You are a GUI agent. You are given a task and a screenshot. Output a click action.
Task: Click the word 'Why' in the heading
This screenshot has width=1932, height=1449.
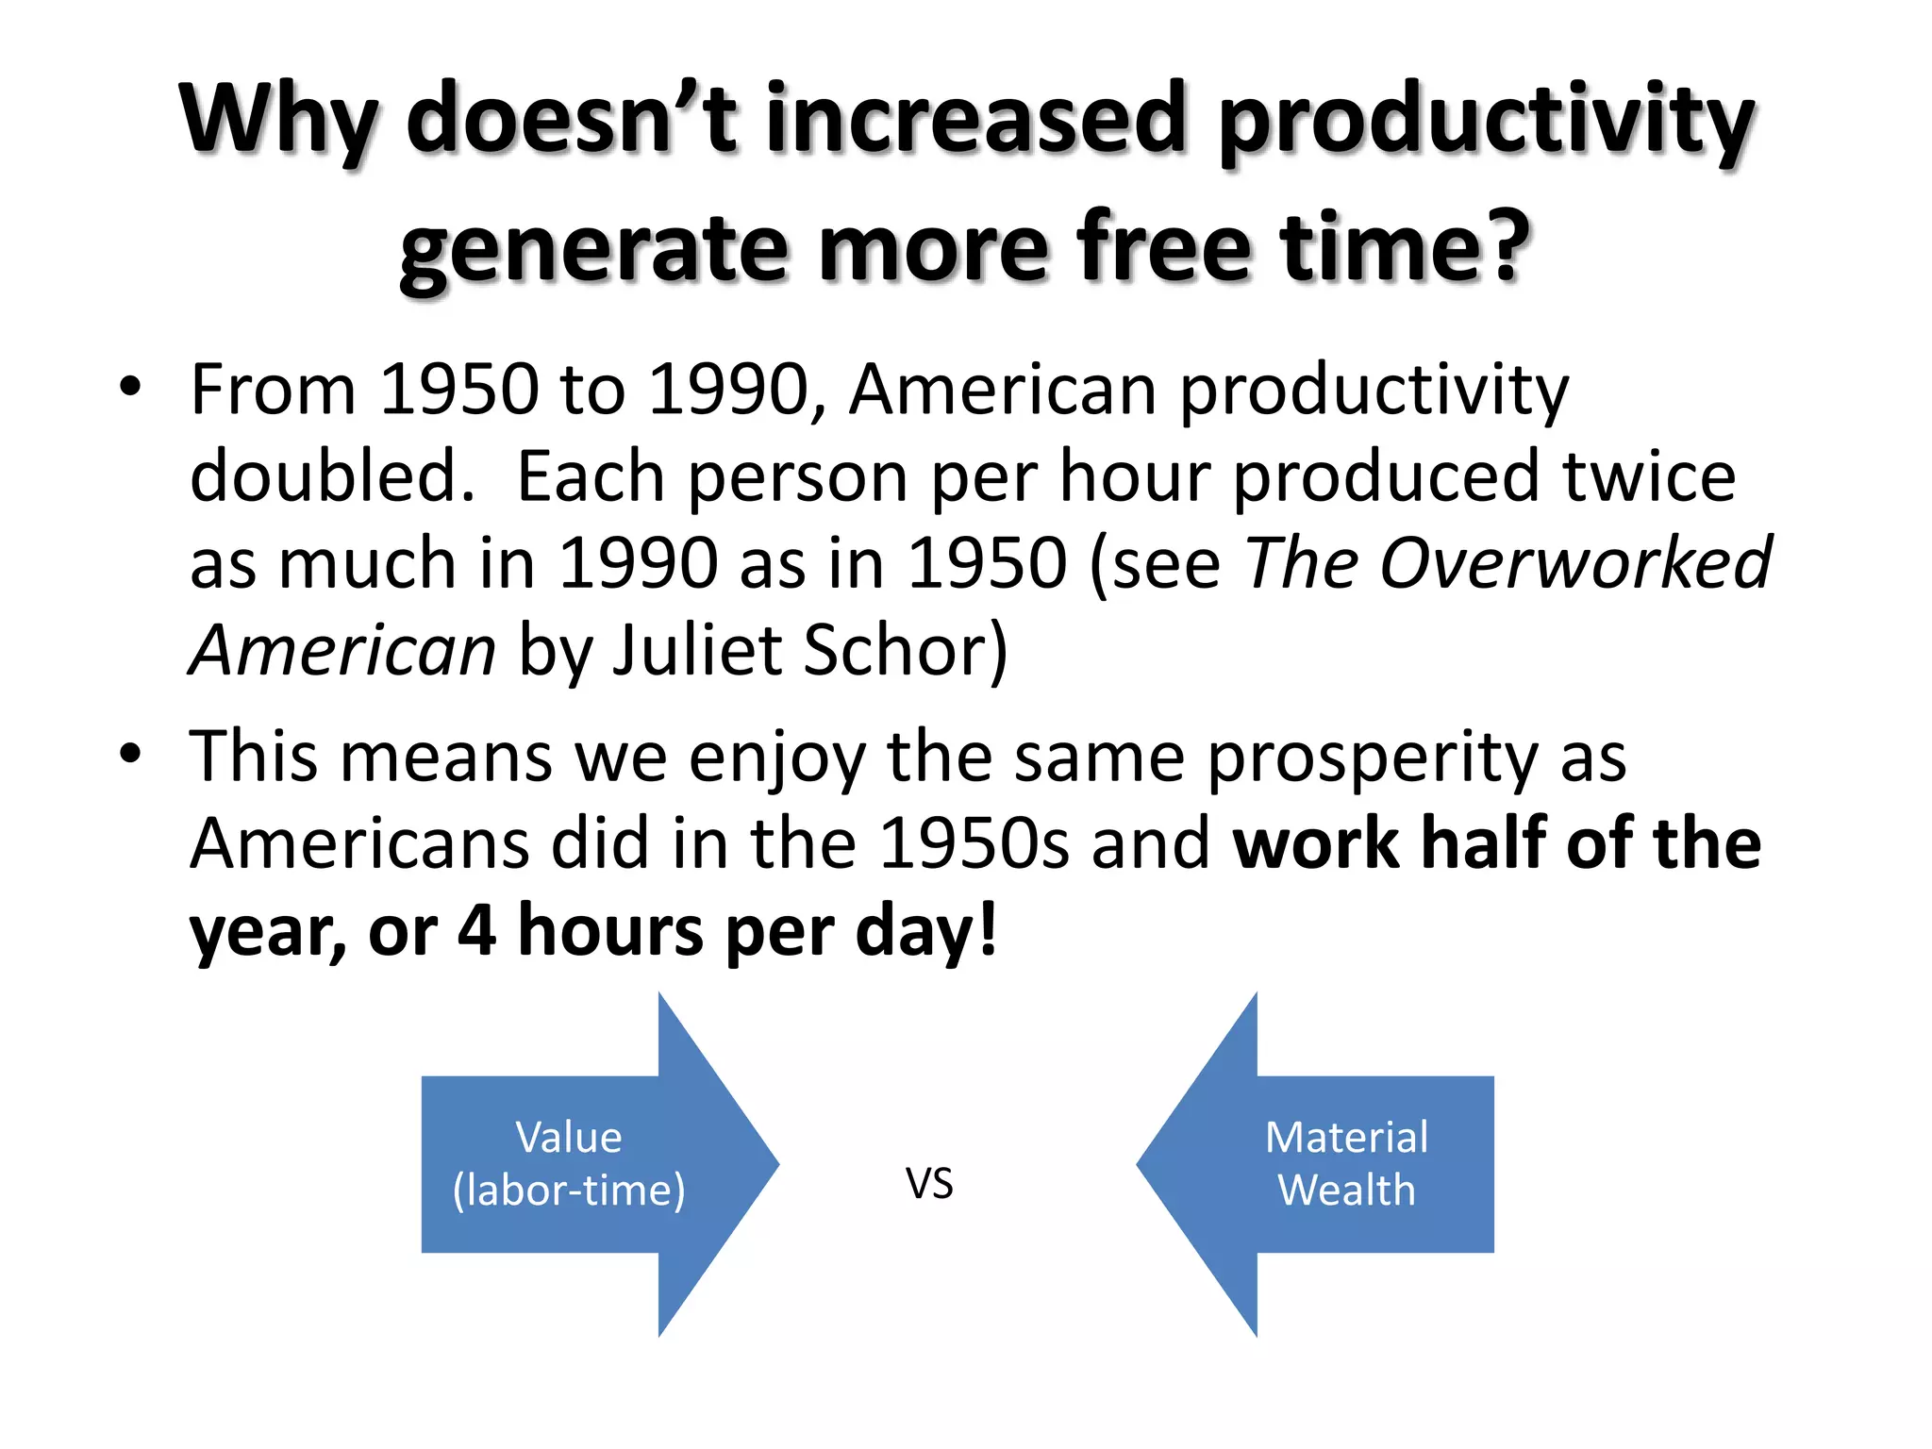click(x=279, y=121)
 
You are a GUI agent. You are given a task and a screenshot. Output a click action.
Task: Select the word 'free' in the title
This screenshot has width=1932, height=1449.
click(x=1164, y=247)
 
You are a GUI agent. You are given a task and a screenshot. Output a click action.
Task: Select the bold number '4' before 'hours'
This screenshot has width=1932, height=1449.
click(x=476, y=930)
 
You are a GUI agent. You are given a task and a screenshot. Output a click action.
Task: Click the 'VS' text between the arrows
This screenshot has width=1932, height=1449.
click(x=929, y=1183)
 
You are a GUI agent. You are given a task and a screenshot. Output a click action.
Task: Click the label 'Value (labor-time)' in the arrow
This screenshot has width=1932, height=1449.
click(x=569, y=1163)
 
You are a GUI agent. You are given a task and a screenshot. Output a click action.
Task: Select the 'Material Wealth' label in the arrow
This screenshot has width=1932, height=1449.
click(x=1346, y=1163)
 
